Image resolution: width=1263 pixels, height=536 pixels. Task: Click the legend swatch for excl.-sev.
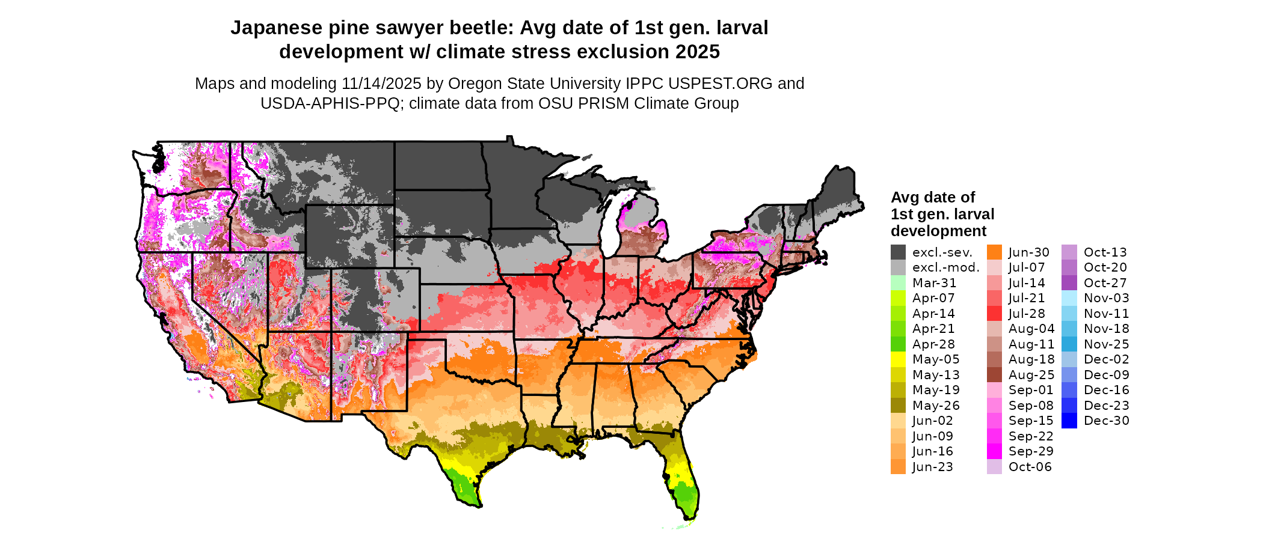(898, 252)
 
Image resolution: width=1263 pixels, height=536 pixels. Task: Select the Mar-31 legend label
(934, 283)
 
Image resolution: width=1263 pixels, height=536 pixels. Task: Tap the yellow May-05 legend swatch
(898, 359)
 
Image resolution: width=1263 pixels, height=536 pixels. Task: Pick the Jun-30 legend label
(1028, 252)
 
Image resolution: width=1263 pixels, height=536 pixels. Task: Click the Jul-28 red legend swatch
(994, 314)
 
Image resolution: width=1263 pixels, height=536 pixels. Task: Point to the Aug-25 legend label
(1031, 375)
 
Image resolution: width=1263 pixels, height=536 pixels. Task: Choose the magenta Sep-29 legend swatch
(994, 451)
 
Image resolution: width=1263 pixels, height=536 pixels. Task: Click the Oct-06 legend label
(1030, 467)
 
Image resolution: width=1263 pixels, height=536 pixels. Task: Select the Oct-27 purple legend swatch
(1069, 283)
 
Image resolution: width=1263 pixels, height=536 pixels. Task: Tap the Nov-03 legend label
(1106, 298)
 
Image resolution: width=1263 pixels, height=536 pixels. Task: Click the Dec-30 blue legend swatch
(1069, 421)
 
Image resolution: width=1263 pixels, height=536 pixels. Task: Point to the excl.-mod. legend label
(945, 267)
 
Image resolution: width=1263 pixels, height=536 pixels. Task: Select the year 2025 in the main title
(697, 52)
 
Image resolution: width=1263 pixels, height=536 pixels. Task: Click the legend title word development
(938, 231)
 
